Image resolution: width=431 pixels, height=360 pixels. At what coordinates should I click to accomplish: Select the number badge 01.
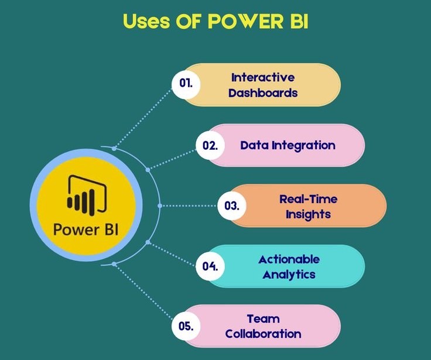(x=186, y=84)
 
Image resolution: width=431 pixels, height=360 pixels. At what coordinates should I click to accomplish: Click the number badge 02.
(x=210, y=145)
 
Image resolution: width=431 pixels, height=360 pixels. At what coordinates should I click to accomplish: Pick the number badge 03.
(x=232, y=205)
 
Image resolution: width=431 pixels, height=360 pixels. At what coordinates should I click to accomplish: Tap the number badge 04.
(x=210, y=266)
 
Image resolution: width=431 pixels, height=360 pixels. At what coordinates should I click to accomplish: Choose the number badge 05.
(x=186, y=326)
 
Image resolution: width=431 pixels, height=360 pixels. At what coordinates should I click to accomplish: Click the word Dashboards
(x=263, y=92)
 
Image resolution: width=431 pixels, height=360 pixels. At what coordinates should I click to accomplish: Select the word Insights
(x=308, y=214)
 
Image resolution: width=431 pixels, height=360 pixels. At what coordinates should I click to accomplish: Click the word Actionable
(x=289, y=259)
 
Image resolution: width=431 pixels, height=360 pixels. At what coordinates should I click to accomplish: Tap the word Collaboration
(x=263, y=334)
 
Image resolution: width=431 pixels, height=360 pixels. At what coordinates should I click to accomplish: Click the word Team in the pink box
(x=263, y=319)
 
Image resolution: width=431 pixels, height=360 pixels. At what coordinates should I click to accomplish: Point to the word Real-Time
(x=308, y=198)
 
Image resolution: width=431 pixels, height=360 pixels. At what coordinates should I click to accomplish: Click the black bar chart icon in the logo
(x=85, y=195)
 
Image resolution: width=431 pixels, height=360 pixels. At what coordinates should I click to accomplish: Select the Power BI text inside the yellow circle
(x=85, y=228)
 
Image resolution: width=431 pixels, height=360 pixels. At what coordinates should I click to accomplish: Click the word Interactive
(x=263, y=77)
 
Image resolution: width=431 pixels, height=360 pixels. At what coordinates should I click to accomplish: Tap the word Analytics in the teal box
(x=289, y=275)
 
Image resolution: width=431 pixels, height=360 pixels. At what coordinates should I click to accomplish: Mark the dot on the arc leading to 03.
(x=160, y=205)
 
